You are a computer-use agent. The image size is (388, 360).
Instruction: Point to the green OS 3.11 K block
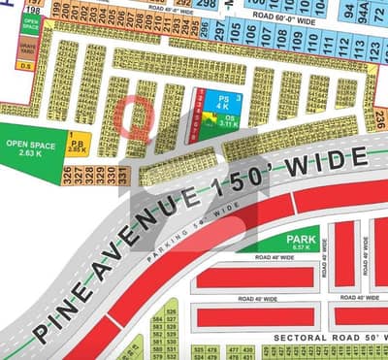[228, 122]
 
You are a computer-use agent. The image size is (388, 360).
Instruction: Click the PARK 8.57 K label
[302, 243]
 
